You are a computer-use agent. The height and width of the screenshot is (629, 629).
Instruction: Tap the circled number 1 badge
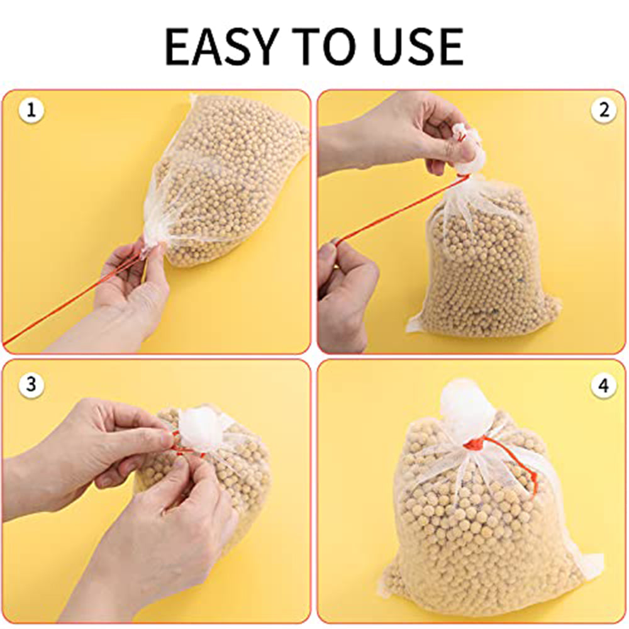click(31, 109)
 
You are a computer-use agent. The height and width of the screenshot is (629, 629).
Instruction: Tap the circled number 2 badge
click(604, 109)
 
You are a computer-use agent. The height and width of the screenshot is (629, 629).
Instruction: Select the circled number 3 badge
click(31, 385)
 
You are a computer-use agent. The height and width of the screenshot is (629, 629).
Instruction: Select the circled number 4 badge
click(604, 386)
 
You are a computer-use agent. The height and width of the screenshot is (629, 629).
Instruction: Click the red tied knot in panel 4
click(476, 445)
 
